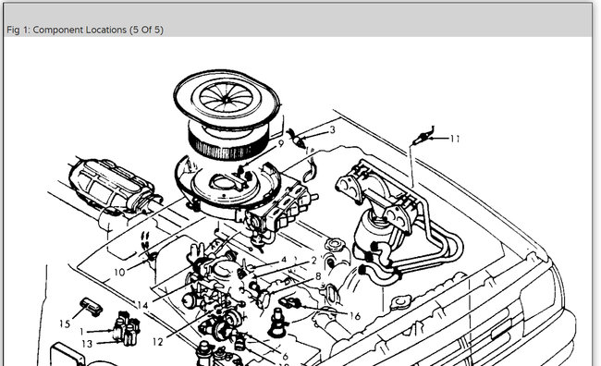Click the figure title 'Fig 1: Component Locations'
pyautogui.click(x=67, y=30)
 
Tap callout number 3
pyautogui.click(x=332, y=130)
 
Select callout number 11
pyautogui.click(x=455, y=139)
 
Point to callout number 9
pyautogui.click(x=281, y=143)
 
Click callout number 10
pyautogui.click(x=119, y=272)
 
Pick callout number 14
pyautogui.click(x=142, y=305)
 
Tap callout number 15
pyautogui.click(x=65, y=323)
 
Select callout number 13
pyautogui.click(x=87, y=344)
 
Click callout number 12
pyautogui.click(x=158, y=341)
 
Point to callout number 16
pyautogui.click(x=355, y=316)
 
